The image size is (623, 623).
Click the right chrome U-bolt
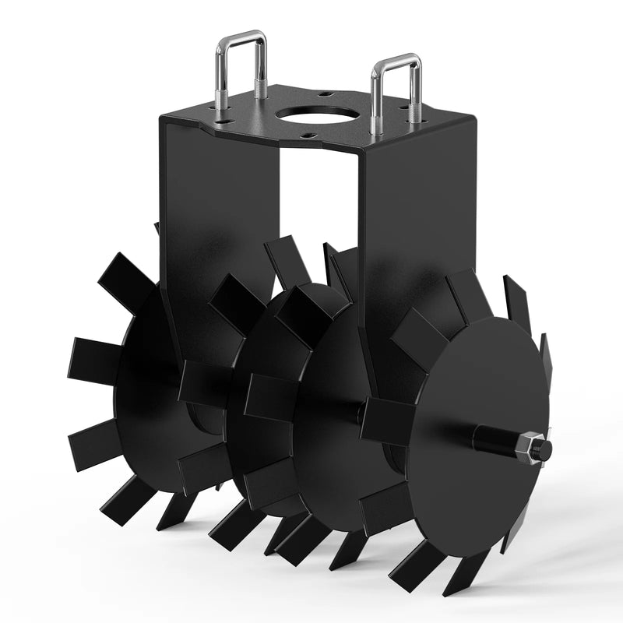(x=375, y=86)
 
